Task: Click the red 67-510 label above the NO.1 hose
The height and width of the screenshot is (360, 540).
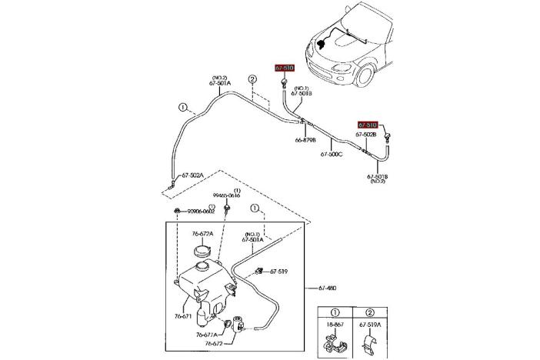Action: (285, 68)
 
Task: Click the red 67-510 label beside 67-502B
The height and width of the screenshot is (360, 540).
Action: (368, 124)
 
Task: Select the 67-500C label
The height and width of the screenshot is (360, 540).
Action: (332, 154)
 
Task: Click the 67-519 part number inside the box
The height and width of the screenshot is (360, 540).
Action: (277, 272)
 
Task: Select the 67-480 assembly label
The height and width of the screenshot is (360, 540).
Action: (326, 288)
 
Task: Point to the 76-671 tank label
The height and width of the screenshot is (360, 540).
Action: (182, 316)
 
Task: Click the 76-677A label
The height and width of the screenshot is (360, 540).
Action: (205, 335)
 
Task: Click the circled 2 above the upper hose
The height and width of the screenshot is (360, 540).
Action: (252, 79)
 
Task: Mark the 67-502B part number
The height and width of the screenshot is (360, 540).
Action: (365, 135)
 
